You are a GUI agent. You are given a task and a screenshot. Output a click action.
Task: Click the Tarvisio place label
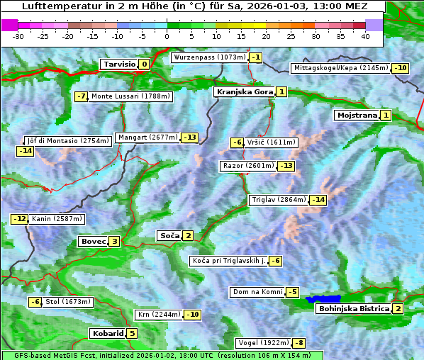tap(119, 64)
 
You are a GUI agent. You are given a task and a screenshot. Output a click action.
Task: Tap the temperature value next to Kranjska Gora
tap(281, 91)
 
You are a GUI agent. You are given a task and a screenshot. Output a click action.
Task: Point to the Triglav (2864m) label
tap(279, 200)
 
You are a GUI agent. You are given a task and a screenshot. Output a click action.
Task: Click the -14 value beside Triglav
tap(318, 200)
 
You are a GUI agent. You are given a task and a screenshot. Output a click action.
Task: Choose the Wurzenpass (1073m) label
tap(210, 57)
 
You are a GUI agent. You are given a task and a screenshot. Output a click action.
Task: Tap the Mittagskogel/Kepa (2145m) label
tap(341, 68)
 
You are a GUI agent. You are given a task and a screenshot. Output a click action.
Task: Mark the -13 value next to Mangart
tap(189, 137)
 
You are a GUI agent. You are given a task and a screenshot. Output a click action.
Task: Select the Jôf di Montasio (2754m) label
tap(67, 141)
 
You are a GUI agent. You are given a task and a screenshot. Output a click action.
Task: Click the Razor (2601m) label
tap(247, 166)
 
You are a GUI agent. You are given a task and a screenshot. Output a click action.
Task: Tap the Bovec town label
tap(93, 241)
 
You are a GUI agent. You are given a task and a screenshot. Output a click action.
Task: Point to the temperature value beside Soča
tap(187, 235)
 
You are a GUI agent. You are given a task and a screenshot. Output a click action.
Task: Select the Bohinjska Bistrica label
tap(353, 308)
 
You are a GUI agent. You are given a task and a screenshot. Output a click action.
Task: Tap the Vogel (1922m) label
tap(264, 343)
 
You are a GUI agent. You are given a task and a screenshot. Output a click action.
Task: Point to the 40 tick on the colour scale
tap(365, 35)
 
